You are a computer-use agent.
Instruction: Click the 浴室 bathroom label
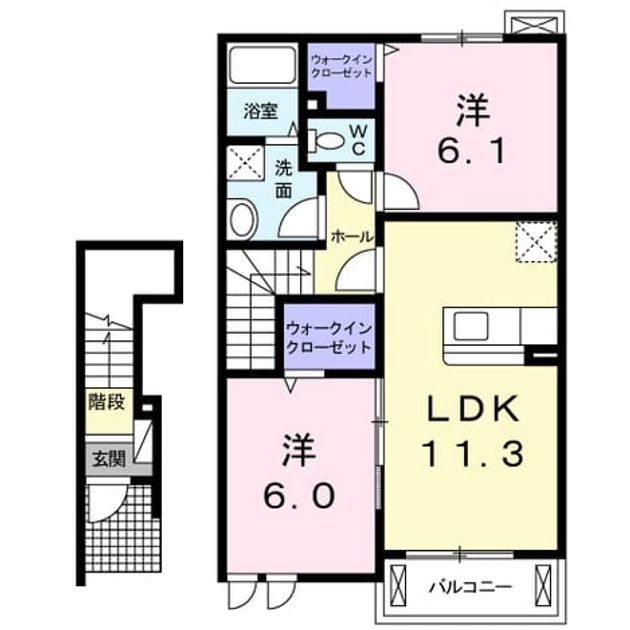coord(261,111)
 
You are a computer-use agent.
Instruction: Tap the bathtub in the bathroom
coord(262,65)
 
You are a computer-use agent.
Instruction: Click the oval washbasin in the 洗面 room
coord(243,221)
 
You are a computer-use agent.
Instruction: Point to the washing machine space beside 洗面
coord(245,163)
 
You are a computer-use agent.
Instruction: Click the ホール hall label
coord(352,237)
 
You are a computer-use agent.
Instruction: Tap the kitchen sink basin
coord(471,326)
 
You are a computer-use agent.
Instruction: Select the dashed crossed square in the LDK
coord(536,241)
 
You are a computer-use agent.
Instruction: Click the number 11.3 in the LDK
coord(472,453)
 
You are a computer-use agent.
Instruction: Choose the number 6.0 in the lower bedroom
coord(299,495)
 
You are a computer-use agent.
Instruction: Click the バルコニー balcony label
coord(471,587)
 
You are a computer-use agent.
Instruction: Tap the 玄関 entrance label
coord(109,458)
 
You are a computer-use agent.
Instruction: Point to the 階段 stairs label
coord(108,402)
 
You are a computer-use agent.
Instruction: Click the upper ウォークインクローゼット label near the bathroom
coord(342,67)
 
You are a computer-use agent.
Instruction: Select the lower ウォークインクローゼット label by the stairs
coord(329,338)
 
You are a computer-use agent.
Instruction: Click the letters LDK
coord(472,408)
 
